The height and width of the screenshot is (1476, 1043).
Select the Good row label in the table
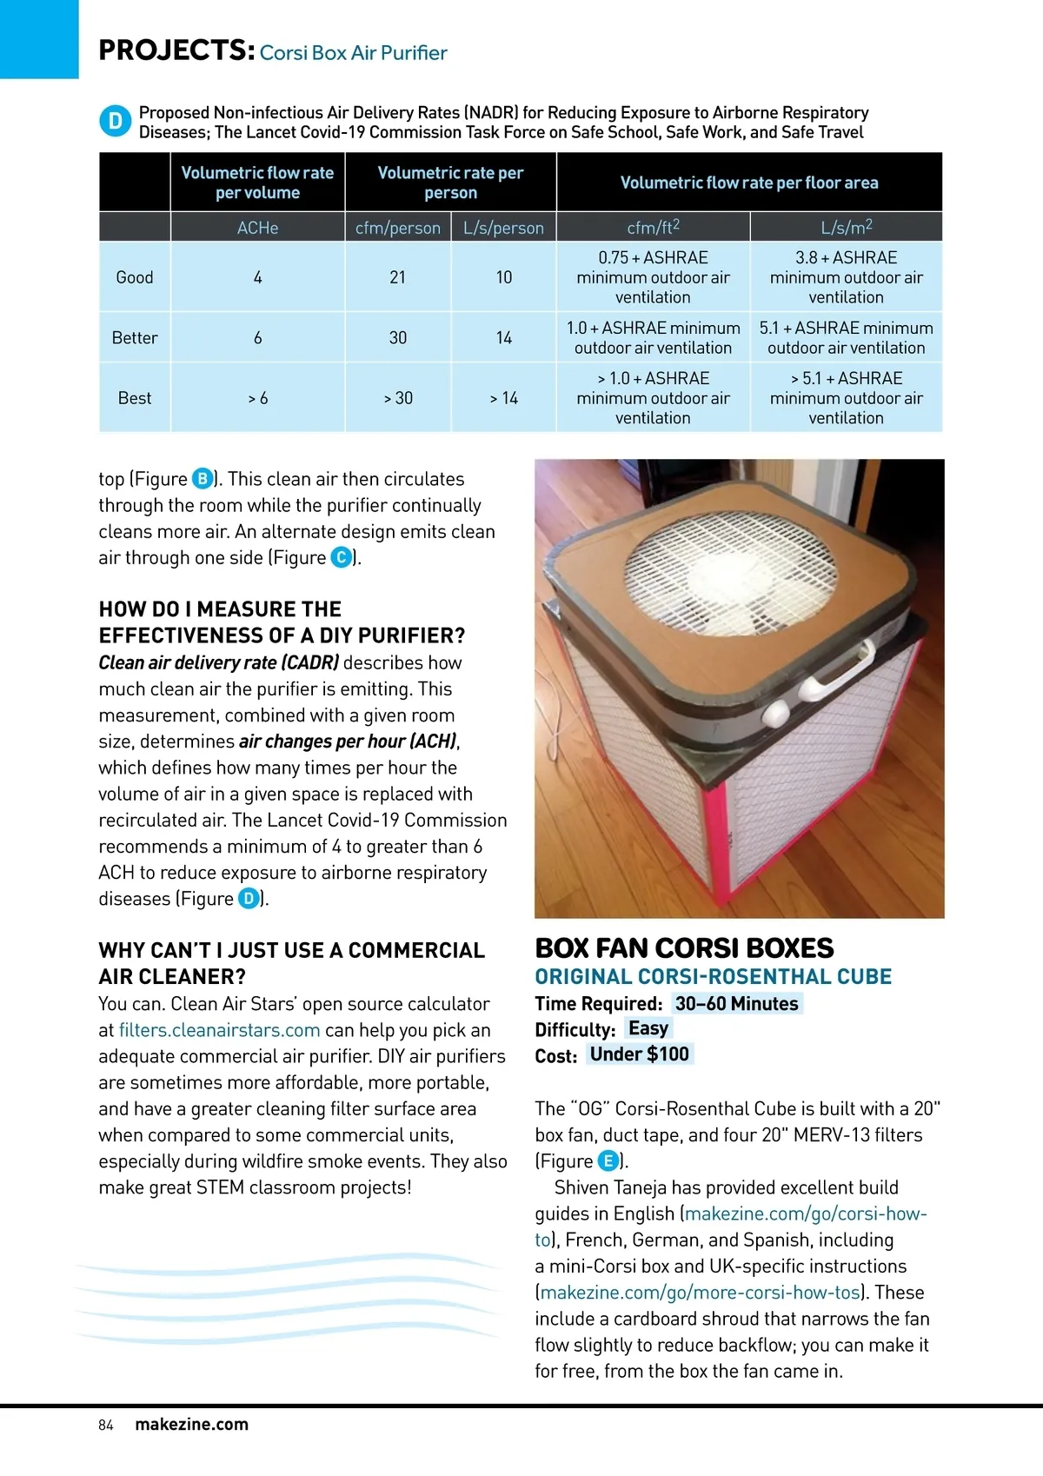point(135,277)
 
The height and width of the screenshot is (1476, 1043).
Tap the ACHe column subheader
point(257,228)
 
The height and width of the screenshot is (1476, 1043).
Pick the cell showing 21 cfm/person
point(398,277)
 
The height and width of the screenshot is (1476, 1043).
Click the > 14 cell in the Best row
point(504,398)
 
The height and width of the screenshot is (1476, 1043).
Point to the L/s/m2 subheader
point(846,227)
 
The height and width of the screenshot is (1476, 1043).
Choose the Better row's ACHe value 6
point(257,338)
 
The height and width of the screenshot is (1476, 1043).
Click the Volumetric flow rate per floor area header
point(749,183)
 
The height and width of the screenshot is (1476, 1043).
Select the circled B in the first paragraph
point(203,479)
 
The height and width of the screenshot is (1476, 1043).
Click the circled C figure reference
point(342,557)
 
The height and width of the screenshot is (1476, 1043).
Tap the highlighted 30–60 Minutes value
point(736,1004)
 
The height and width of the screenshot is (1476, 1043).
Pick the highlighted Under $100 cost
point(639,1054)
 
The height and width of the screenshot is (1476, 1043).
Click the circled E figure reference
point(608,1161)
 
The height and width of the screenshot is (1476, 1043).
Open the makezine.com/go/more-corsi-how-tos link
point(701,1293)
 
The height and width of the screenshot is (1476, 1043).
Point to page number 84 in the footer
point(106,1425)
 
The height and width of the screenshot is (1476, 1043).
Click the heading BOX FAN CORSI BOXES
point(684,947)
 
